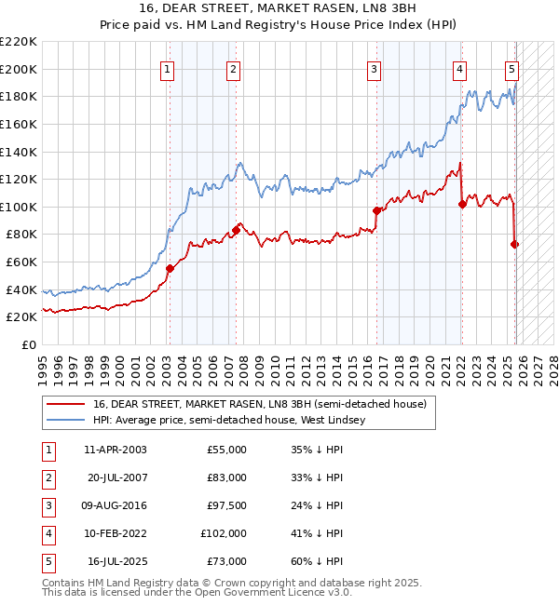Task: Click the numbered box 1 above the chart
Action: pyautogui.click(x=167, y=68)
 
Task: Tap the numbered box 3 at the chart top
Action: pyautogui.click(x=374, y=68)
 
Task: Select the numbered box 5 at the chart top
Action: pyautogui.click(x=511, y=68)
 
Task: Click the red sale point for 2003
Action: pyautogui.click(x=170, y=268)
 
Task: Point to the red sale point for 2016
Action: pyautogui.click(x=376, y=210)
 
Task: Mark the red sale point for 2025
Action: pyautogui.click(x=514, y=244)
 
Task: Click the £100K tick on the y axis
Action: pyautogui.click(x=19, y=207)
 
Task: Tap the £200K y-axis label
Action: pyautogui.click(x=19, y=69)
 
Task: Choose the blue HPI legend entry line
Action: pyautogui.click(x=65, y=420)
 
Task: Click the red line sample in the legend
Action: pyautogui.click(x=65, y=404)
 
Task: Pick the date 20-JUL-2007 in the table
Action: pyautogui.click(x=116, y=477)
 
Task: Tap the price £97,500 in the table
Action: pyautogui.click(x=225, y=505)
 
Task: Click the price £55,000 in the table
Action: pyautogui.click(x=225, y=450)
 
